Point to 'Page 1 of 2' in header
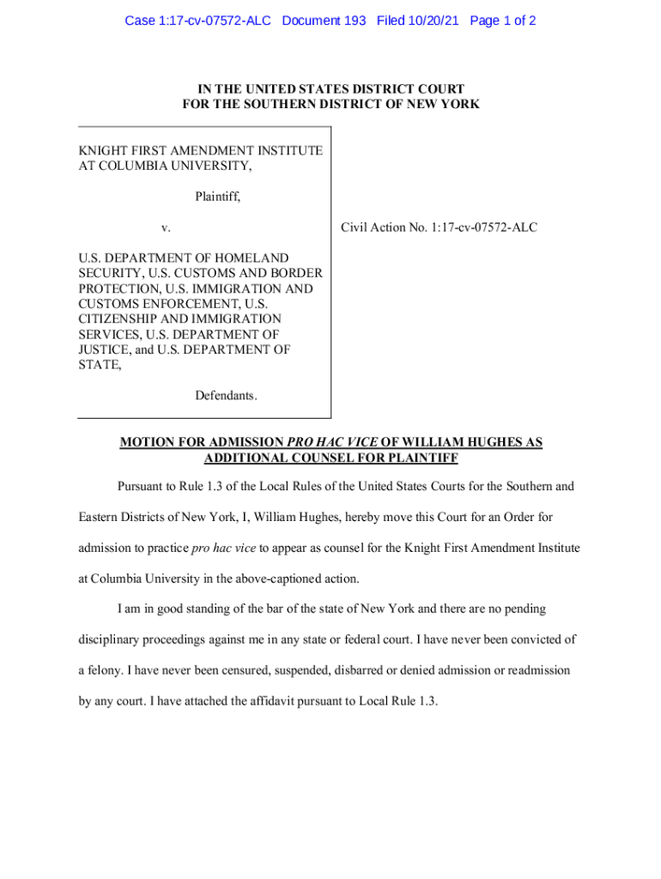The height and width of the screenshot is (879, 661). pos(503,20)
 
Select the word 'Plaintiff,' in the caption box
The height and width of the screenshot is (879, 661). pos(217,197)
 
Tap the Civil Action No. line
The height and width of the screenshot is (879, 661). pos(439,227)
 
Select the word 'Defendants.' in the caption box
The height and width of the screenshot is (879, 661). pos(226,396)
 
